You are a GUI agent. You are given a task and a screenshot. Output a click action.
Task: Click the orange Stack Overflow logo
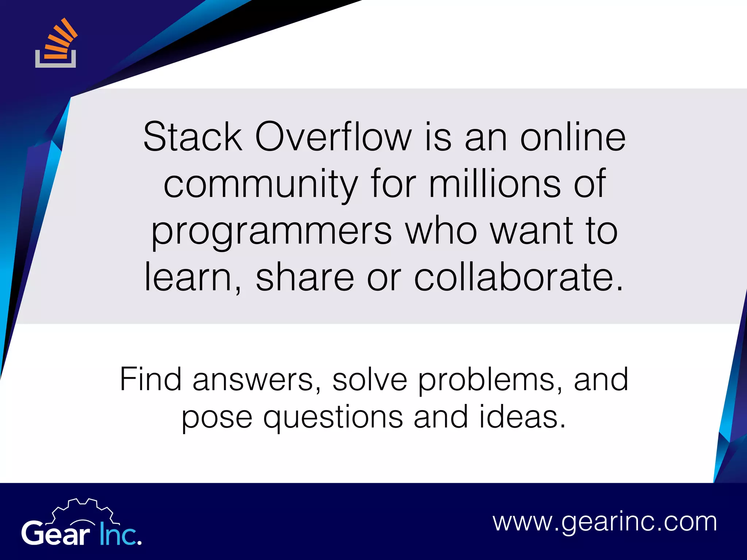(x=56, y=44)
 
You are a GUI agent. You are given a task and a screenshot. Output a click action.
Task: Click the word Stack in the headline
(x=193, y=137)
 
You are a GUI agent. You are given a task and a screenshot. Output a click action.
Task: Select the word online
(x=573, y=137)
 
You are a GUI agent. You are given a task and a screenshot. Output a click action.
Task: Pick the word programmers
(x=272, y=232)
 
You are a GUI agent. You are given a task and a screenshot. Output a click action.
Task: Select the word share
(x=305, y=277)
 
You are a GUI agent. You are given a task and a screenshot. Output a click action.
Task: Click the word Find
(x=151, y=379)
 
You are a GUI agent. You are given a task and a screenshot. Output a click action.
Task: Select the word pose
(x=217, y=418)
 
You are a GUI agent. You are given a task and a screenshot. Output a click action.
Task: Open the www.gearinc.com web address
(x=605, y=522)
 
